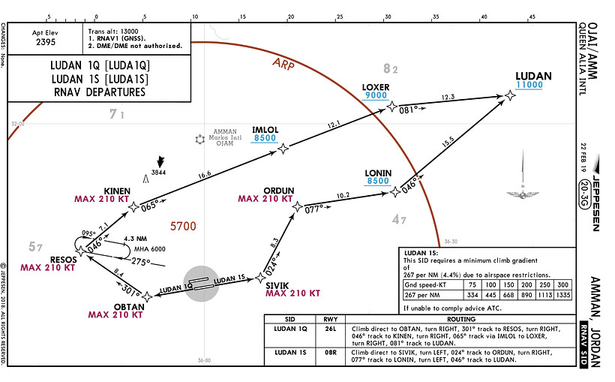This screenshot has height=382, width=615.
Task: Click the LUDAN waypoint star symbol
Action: click(x=510, y=95)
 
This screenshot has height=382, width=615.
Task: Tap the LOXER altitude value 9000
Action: click(x=376, y=96)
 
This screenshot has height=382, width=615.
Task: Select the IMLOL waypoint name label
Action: click(x=265, y=130)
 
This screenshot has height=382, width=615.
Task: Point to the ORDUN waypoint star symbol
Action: click(x=297, y=206)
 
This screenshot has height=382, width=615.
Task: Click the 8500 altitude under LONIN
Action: click(x=377, y=181)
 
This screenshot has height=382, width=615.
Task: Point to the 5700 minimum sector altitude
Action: click(x=183, y=226)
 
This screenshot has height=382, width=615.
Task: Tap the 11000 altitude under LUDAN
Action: click(x=528, y=86)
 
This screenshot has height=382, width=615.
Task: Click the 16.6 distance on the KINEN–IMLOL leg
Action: click(x=204, y=174)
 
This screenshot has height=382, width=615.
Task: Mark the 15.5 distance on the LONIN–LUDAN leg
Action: click(x=448, y=141)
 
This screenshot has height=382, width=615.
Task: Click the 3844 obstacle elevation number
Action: click(x=157, y=173)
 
